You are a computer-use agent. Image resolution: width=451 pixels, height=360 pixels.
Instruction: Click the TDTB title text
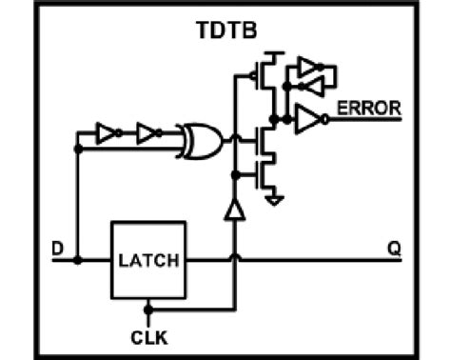point(225,31)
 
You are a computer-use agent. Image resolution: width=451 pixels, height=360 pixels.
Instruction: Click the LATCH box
point(147,259)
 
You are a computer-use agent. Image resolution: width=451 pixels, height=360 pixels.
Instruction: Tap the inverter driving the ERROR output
point(309,119)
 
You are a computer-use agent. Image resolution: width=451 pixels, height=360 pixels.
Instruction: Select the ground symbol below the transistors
point(274,200)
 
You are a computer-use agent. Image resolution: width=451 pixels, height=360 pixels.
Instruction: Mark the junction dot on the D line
point(77,259)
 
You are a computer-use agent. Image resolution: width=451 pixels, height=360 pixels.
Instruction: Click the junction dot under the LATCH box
point(148,307)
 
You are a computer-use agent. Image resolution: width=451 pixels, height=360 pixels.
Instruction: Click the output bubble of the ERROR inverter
point(324,119)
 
